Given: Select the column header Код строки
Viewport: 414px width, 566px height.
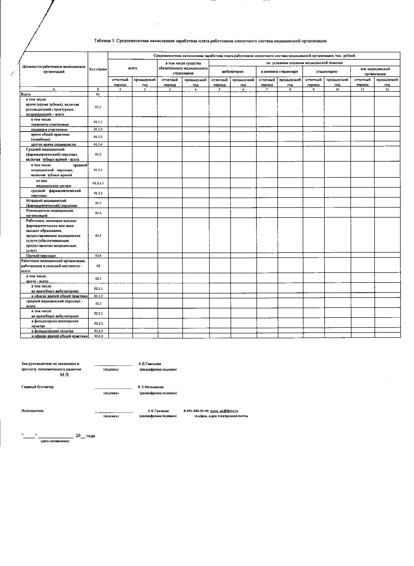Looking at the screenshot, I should [98, 69].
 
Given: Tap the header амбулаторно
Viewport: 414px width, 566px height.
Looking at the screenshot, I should [232, 72].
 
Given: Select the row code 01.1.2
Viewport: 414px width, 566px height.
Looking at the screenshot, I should [98, 129].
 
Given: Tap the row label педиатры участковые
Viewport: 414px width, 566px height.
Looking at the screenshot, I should [49, 130].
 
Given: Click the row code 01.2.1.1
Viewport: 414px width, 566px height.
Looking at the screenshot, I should [98, 183].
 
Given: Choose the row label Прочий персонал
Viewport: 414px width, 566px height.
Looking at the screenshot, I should [41, 256].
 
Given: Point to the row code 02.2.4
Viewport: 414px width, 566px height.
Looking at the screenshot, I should [98, 336].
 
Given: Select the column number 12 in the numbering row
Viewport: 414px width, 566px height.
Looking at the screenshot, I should [387, 89].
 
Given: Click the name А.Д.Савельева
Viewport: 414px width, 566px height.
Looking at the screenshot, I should [150, 364].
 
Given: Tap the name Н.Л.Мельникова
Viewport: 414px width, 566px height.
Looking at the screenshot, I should [151, 387].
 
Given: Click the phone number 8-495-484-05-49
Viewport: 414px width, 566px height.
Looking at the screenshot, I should [196, 411].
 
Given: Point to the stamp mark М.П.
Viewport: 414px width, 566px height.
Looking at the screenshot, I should [65, 375].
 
